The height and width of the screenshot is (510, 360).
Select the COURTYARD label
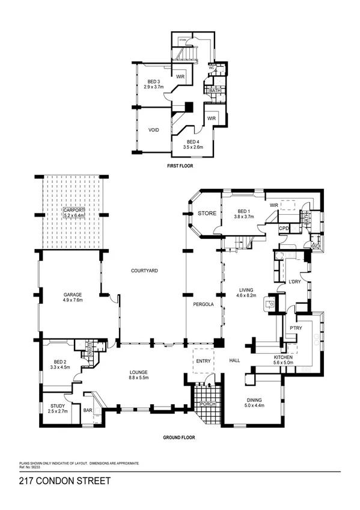pos(144,271)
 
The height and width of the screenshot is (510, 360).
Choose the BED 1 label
pos(242,211)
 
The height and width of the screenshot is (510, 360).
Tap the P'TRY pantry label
pos(294,328)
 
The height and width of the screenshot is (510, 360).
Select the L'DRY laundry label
pos(294,282)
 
